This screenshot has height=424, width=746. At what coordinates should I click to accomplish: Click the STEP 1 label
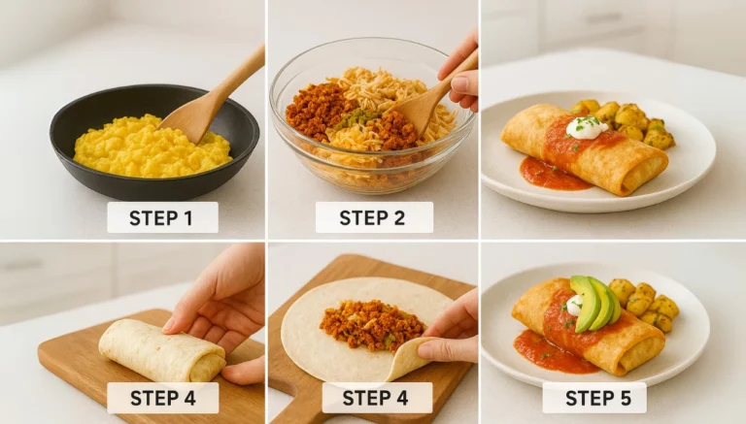162,217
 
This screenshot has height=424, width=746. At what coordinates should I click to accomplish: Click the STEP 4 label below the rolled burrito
162,398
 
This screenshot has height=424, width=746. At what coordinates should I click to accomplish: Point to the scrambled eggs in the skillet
146,147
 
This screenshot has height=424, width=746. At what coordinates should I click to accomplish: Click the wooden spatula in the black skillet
209,103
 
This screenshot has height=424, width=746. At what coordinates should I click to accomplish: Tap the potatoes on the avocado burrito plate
645,303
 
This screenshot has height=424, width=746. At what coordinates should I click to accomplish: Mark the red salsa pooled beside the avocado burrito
554,351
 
